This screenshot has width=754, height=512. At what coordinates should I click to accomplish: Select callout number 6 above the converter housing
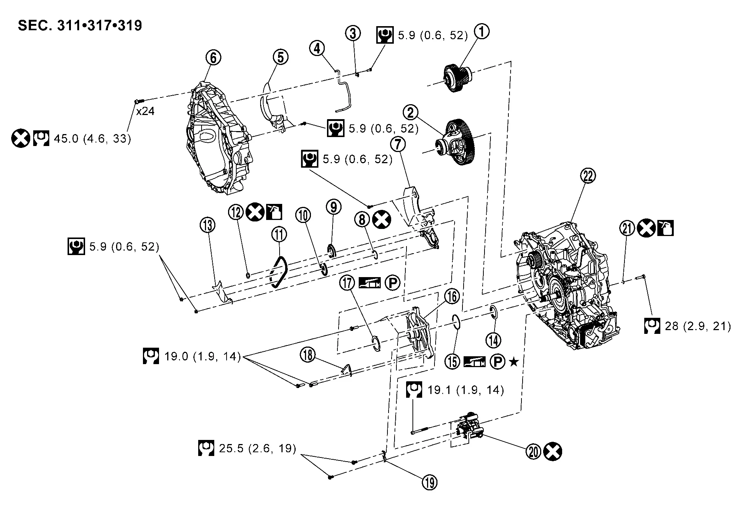click(213, 58)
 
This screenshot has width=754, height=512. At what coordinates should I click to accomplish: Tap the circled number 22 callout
click(588, 176)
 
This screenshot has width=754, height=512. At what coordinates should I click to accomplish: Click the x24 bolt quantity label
click(145, 111)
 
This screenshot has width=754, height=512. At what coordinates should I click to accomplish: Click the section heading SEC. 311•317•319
click(80, 25)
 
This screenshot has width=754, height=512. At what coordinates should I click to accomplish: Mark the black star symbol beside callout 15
click(514, 361)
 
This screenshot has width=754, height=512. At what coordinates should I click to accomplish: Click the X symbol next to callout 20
click(552, 452)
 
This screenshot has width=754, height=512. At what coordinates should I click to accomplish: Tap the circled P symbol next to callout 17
click(392, 283)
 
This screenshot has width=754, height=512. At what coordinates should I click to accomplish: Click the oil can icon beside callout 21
click(666, 228)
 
